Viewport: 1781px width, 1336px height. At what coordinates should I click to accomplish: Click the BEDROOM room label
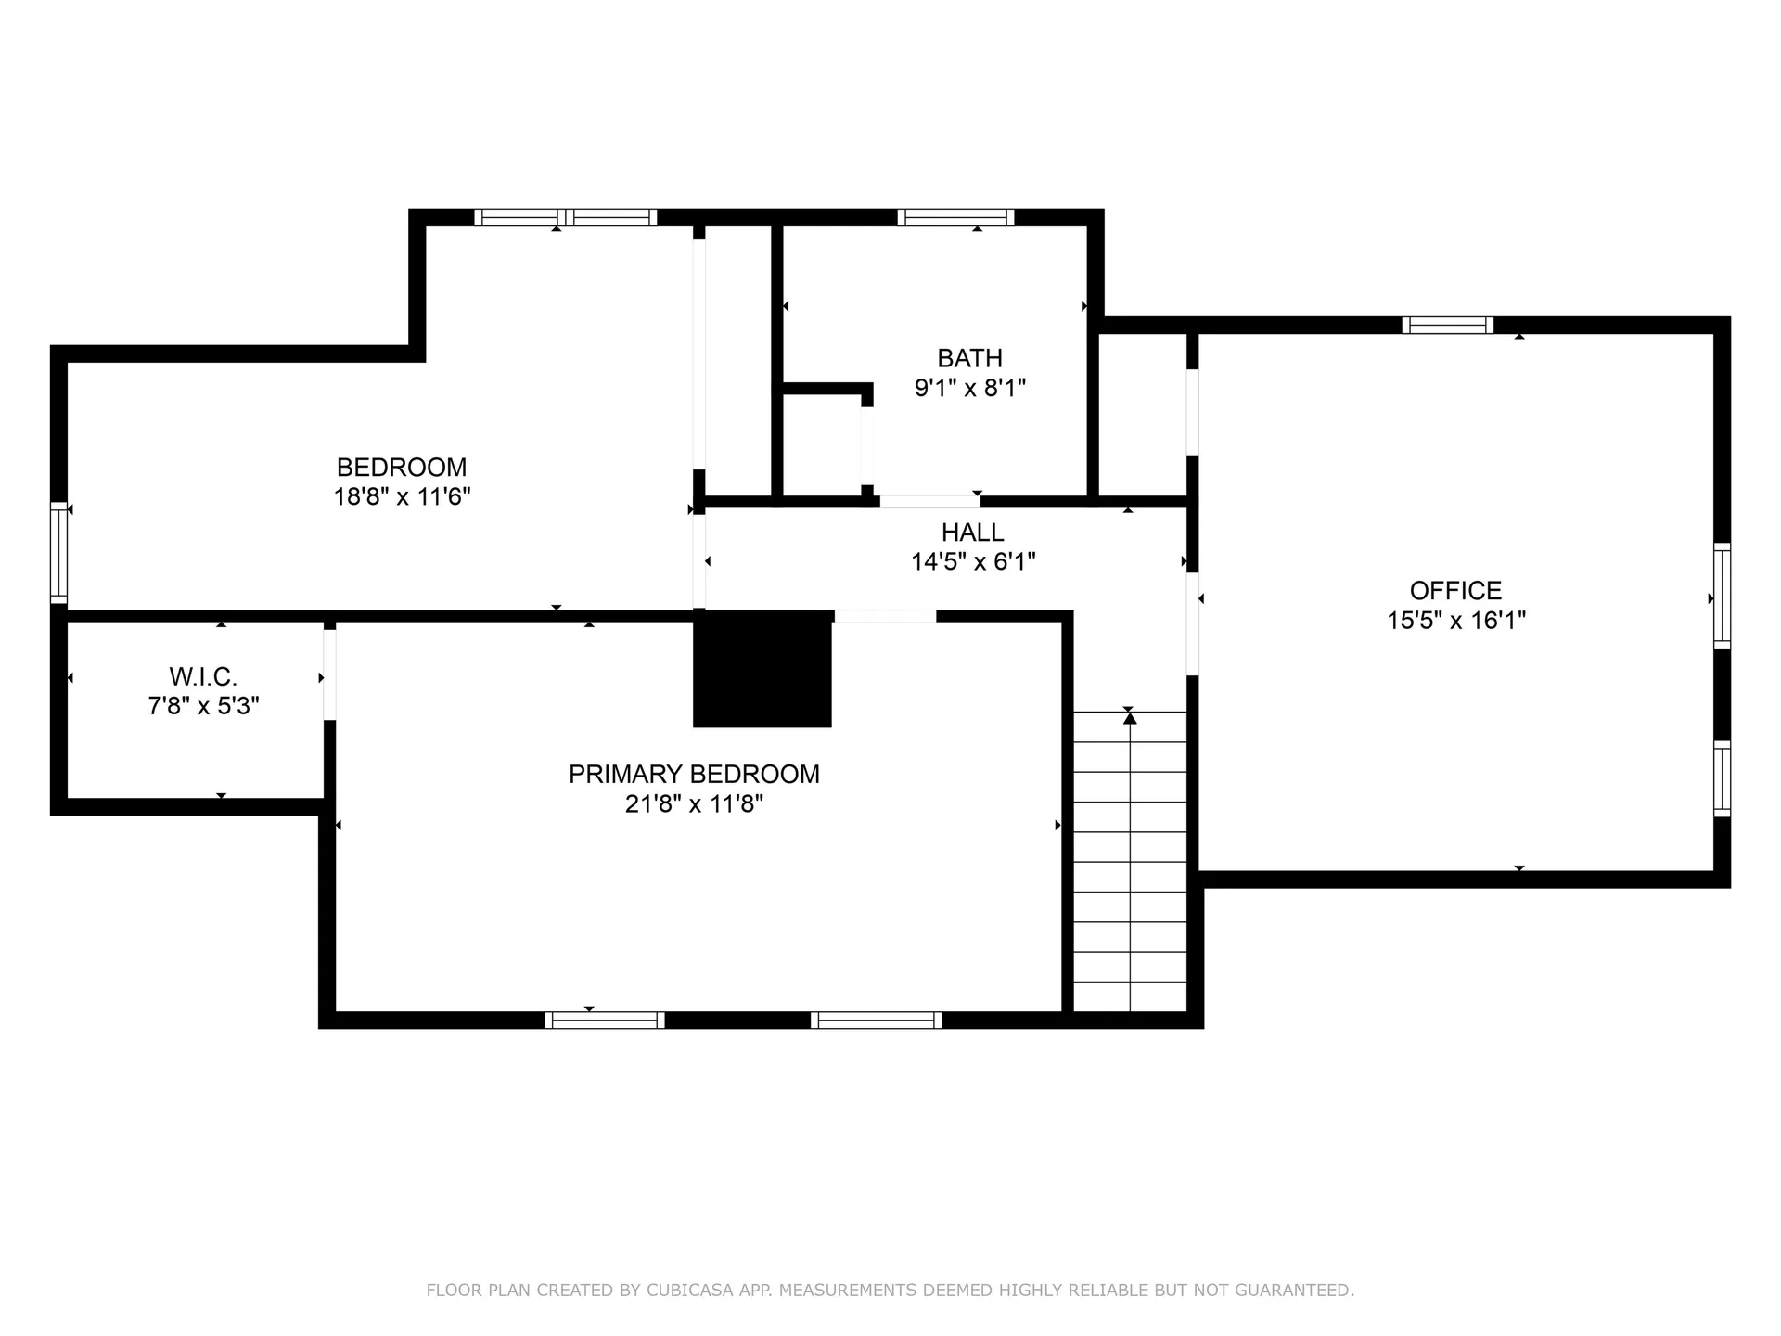click(x=402, y=467)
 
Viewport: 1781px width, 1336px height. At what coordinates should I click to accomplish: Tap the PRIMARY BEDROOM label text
click(x=694, y=774)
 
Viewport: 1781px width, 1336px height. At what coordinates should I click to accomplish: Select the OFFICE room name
click(x=1455, y=590)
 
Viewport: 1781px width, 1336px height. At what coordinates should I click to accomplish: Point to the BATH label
click(x=969, y=358)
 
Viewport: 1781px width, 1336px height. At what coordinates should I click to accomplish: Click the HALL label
click(x=972, y=533)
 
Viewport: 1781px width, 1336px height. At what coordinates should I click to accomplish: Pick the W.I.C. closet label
click(x=203, y=676)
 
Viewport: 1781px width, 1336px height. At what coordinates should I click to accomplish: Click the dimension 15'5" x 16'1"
click(x=1455, y=620)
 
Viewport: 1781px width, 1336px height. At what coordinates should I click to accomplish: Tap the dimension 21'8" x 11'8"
click(x=694, y=803)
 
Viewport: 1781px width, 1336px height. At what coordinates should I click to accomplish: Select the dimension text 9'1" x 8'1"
click(x=969, y=388)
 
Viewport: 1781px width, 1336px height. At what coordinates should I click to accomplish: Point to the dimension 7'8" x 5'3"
click(x=203, y=706)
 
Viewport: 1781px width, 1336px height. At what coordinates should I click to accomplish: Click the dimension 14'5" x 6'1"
click(x=972, y=561)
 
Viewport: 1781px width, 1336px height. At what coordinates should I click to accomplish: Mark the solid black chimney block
click(x=762, y=669)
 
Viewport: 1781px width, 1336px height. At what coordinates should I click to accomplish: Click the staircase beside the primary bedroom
click(x=1130, y=861)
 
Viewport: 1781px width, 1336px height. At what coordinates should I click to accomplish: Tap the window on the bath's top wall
click(x=955, y=218)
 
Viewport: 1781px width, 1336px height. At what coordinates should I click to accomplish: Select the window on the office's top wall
click(x=1448, y=326)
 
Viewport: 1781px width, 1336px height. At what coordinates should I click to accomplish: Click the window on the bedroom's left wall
click(x=59, y=553)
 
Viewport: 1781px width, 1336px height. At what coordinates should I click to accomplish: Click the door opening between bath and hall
click(x=930, y=502)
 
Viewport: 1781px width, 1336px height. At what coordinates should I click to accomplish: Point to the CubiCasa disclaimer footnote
click(x=890, y=1290)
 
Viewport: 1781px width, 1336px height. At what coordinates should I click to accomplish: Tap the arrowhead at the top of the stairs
click(x=1130, y=716)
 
